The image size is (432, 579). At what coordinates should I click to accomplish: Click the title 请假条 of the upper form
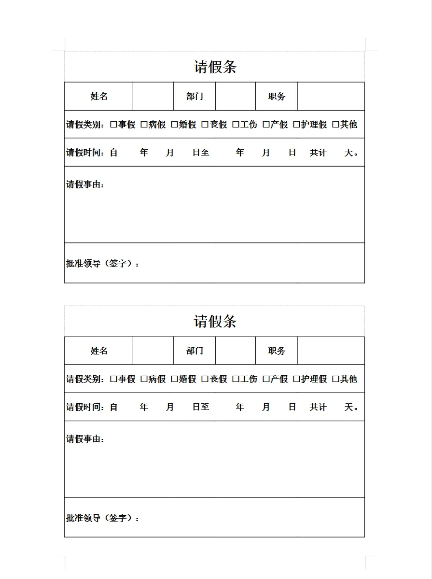[x=215, y=67]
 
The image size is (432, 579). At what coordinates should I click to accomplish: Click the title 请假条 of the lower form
[x=215, y=321]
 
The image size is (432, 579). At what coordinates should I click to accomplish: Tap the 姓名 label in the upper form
[x=99, y=96]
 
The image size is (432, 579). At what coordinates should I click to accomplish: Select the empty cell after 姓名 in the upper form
[x=153, y=96]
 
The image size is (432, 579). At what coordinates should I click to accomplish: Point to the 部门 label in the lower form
[x=195, y=351]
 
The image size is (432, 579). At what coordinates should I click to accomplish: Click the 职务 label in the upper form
[x=277, y=96]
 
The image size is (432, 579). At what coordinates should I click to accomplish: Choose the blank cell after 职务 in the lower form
[x=331, y=351]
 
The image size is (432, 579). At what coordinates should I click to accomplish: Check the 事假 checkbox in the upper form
[x=113, y=125]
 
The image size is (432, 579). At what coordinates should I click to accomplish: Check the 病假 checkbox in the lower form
[x=144, y=379]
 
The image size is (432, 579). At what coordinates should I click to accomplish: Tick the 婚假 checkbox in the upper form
[x=174, y=125]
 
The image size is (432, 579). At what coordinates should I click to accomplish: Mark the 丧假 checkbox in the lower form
[x=205, y=379]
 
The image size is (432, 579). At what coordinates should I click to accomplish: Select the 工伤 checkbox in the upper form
[x=236, y=125]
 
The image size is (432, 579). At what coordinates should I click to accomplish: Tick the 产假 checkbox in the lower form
[x=266, y=379]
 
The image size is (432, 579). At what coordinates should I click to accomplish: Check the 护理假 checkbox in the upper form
[x=296, y=125]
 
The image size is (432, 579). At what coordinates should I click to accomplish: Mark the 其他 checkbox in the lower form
[x=335, y=379]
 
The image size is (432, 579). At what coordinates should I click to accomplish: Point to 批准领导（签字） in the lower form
[x=102, y=518]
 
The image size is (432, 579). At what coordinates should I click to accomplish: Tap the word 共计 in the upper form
[x=318, y=153]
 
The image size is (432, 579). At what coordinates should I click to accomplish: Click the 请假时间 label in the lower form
[x=85, y=407]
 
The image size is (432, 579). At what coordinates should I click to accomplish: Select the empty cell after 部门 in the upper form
[x=235, y=96]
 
